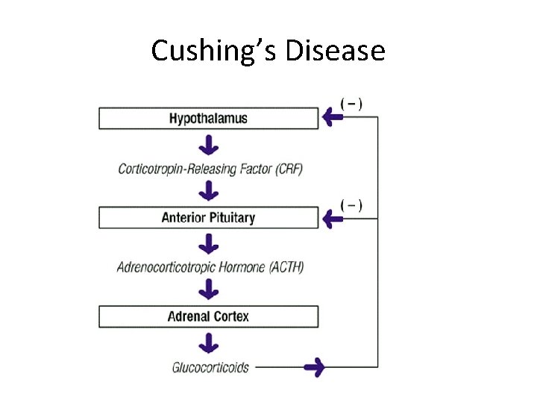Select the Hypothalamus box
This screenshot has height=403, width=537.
coord(208,118)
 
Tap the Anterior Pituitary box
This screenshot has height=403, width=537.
coord(208,218)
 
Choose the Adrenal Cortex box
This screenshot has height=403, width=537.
coord(208,316)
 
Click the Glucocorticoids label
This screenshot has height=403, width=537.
coord(210,367)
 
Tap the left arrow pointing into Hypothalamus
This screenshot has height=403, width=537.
coord(331,116)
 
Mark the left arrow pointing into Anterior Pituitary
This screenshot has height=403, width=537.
coord(331,218)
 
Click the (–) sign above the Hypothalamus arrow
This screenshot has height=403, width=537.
coord(351,102)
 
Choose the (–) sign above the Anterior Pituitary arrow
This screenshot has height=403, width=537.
coord(351,204)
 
